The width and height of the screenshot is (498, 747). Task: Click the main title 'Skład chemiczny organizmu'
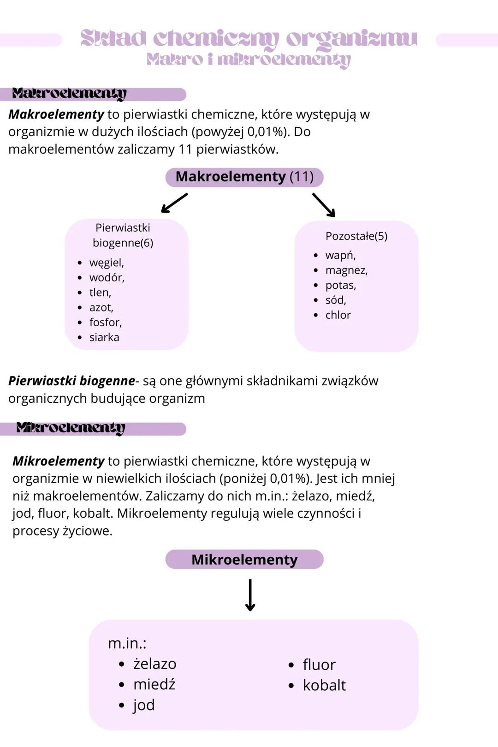[x=249, y=39]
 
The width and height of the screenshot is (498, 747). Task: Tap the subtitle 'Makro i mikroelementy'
[x=249, y=60]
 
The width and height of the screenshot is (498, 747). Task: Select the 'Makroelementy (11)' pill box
[x=244, y=177]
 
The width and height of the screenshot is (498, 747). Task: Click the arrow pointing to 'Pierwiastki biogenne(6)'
[x=174, y=203]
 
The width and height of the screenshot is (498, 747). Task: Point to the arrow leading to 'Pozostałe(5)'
[x=324, y=205]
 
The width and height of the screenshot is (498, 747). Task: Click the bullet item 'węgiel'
[x=107, y=263]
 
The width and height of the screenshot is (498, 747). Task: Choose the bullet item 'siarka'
[x=104, y=337]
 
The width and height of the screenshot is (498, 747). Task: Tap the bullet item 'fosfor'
[x=106, y=323]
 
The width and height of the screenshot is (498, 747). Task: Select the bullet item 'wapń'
[x=340, y=255]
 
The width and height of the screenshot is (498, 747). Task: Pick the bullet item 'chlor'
[x=338, y=315]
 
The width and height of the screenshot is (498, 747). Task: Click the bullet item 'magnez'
[x=346, y=270]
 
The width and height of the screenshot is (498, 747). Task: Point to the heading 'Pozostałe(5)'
[x=356, y=236]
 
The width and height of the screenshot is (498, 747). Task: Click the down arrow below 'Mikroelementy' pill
[x=250, y=595]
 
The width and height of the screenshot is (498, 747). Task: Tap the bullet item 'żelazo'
[x=154, y=664]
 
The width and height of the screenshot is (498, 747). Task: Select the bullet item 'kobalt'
[x=324, y=685]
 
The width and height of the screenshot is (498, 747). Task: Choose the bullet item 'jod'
[x=144, y=705]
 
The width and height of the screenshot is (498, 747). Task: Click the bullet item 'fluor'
[x=319, y=665]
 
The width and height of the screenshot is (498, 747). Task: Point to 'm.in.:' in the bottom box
[x=127, y=643]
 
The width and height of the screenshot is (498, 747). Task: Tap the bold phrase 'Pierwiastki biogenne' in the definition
[x=71, y=381]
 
